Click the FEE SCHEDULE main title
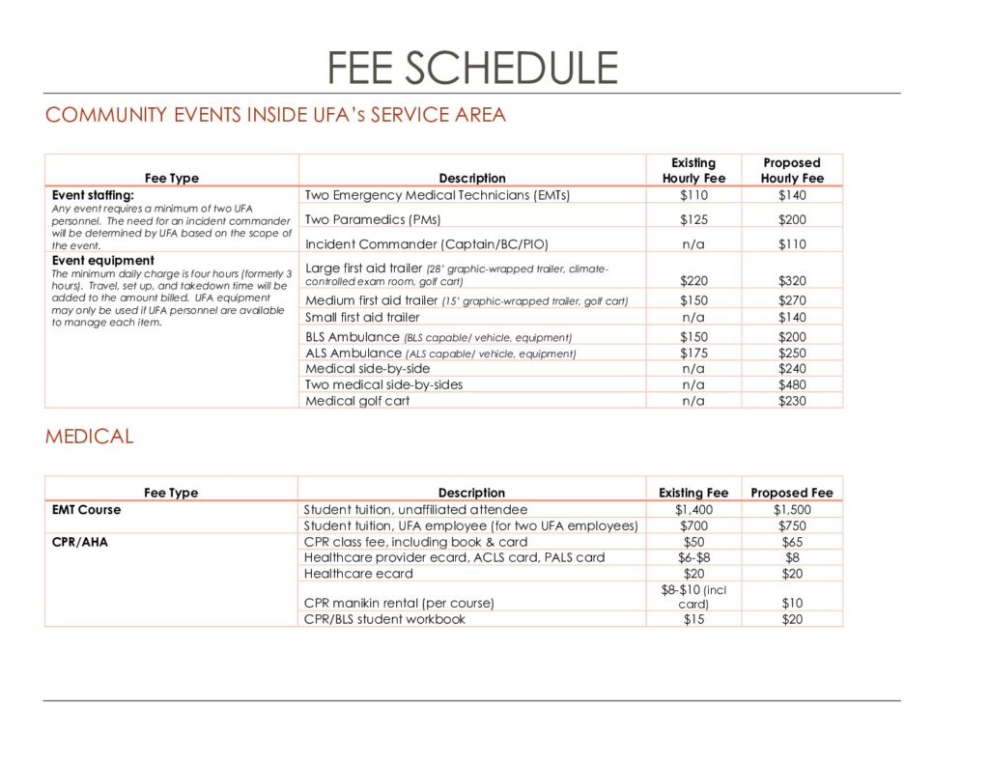[x=472, y=68]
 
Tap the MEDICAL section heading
[x=89, y=437]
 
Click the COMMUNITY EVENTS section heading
[x=275, y=115]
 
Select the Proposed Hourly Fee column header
[x=792, y=170]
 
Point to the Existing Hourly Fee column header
[x=693, y=170]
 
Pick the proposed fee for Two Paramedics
[x=792, y=219]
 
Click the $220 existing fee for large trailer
[x=693, y=281]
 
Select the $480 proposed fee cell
[x=792, y=384]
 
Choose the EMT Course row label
[x=86, y=509]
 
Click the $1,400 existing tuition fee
[x=693, y=509]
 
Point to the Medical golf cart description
[x=357, y=401]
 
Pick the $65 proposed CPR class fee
[x=792, y=542]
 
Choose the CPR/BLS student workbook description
[x=384, y=619]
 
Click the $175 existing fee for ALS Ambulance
[x=693, y=354]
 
